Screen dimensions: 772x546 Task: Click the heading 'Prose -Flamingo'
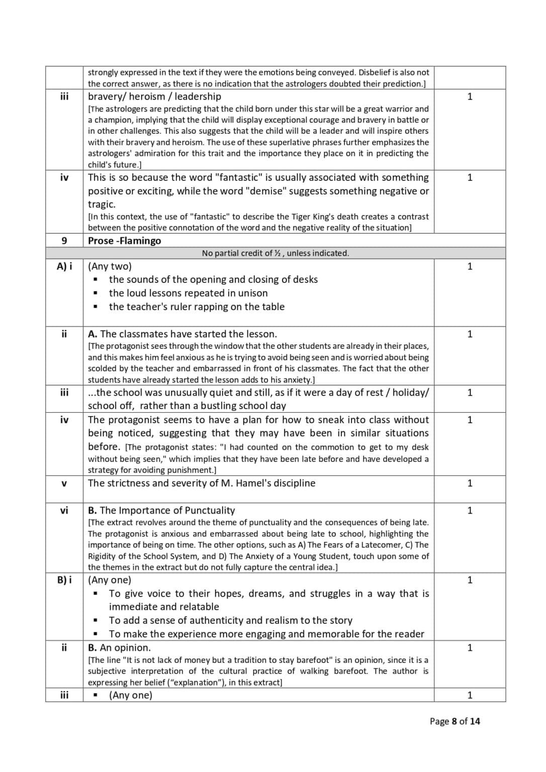[x=124, y=241]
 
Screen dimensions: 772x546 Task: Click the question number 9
[x=64, y=241]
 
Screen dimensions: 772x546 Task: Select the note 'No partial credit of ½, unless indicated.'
[x=275, y=253]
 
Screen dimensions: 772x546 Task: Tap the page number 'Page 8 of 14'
[x=454, y=721]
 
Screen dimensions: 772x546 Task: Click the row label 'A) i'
[x=64, y=266]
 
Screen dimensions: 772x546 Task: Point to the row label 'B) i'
[x=64, y=580]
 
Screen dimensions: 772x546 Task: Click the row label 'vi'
[x=64, y=511]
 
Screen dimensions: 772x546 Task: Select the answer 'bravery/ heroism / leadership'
[x=154, y=96]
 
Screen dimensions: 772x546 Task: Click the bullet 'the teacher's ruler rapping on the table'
[x=197, y=307]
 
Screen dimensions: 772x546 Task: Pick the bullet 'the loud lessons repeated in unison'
[x=188, y=293]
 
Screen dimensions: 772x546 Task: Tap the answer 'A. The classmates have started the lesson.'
[x=182, y=334]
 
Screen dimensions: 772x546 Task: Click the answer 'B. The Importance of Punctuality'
[x=161, y=511]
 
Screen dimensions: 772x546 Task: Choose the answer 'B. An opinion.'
[x=119, y=648]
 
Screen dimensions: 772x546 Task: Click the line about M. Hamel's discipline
[x=202, y=484]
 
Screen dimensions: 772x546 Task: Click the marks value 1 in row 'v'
[x=470, y=484]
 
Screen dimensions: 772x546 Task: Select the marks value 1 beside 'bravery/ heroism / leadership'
[x=470, y=96]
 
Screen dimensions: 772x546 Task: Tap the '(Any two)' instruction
[x=110, y=266]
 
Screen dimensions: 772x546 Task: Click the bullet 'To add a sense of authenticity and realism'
[x=230, y=621]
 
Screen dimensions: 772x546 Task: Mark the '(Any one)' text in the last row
[x=130, y=696]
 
